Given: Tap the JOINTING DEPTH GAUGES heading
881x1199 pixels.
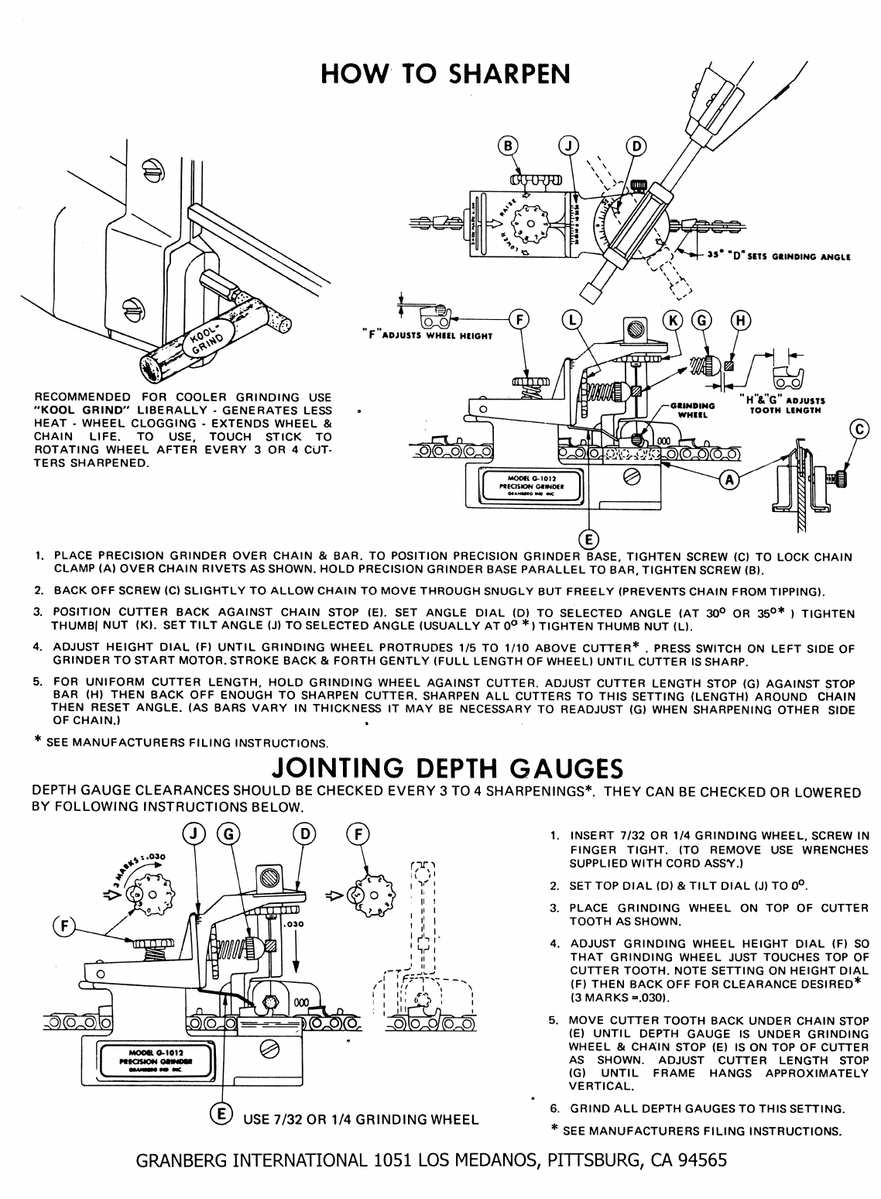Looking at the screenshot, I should coord(448,768).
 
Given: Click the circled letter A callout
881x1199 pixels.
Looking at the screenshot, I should coord(728,481).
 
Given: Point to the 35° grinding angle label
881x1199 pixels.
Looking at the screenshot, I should coord(774,256).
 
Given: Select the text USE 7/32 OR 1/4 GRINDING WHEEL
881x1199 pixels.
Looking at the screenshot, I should coord(360,1119).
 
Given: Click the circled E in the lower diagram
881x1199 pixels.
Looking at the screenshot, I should coord(221,1115).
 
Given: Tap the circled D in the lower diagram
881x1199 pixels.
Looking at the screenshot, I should coord(304,833).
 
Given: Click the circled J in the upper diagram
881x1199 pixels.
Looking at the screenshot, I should coord(569,146).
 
